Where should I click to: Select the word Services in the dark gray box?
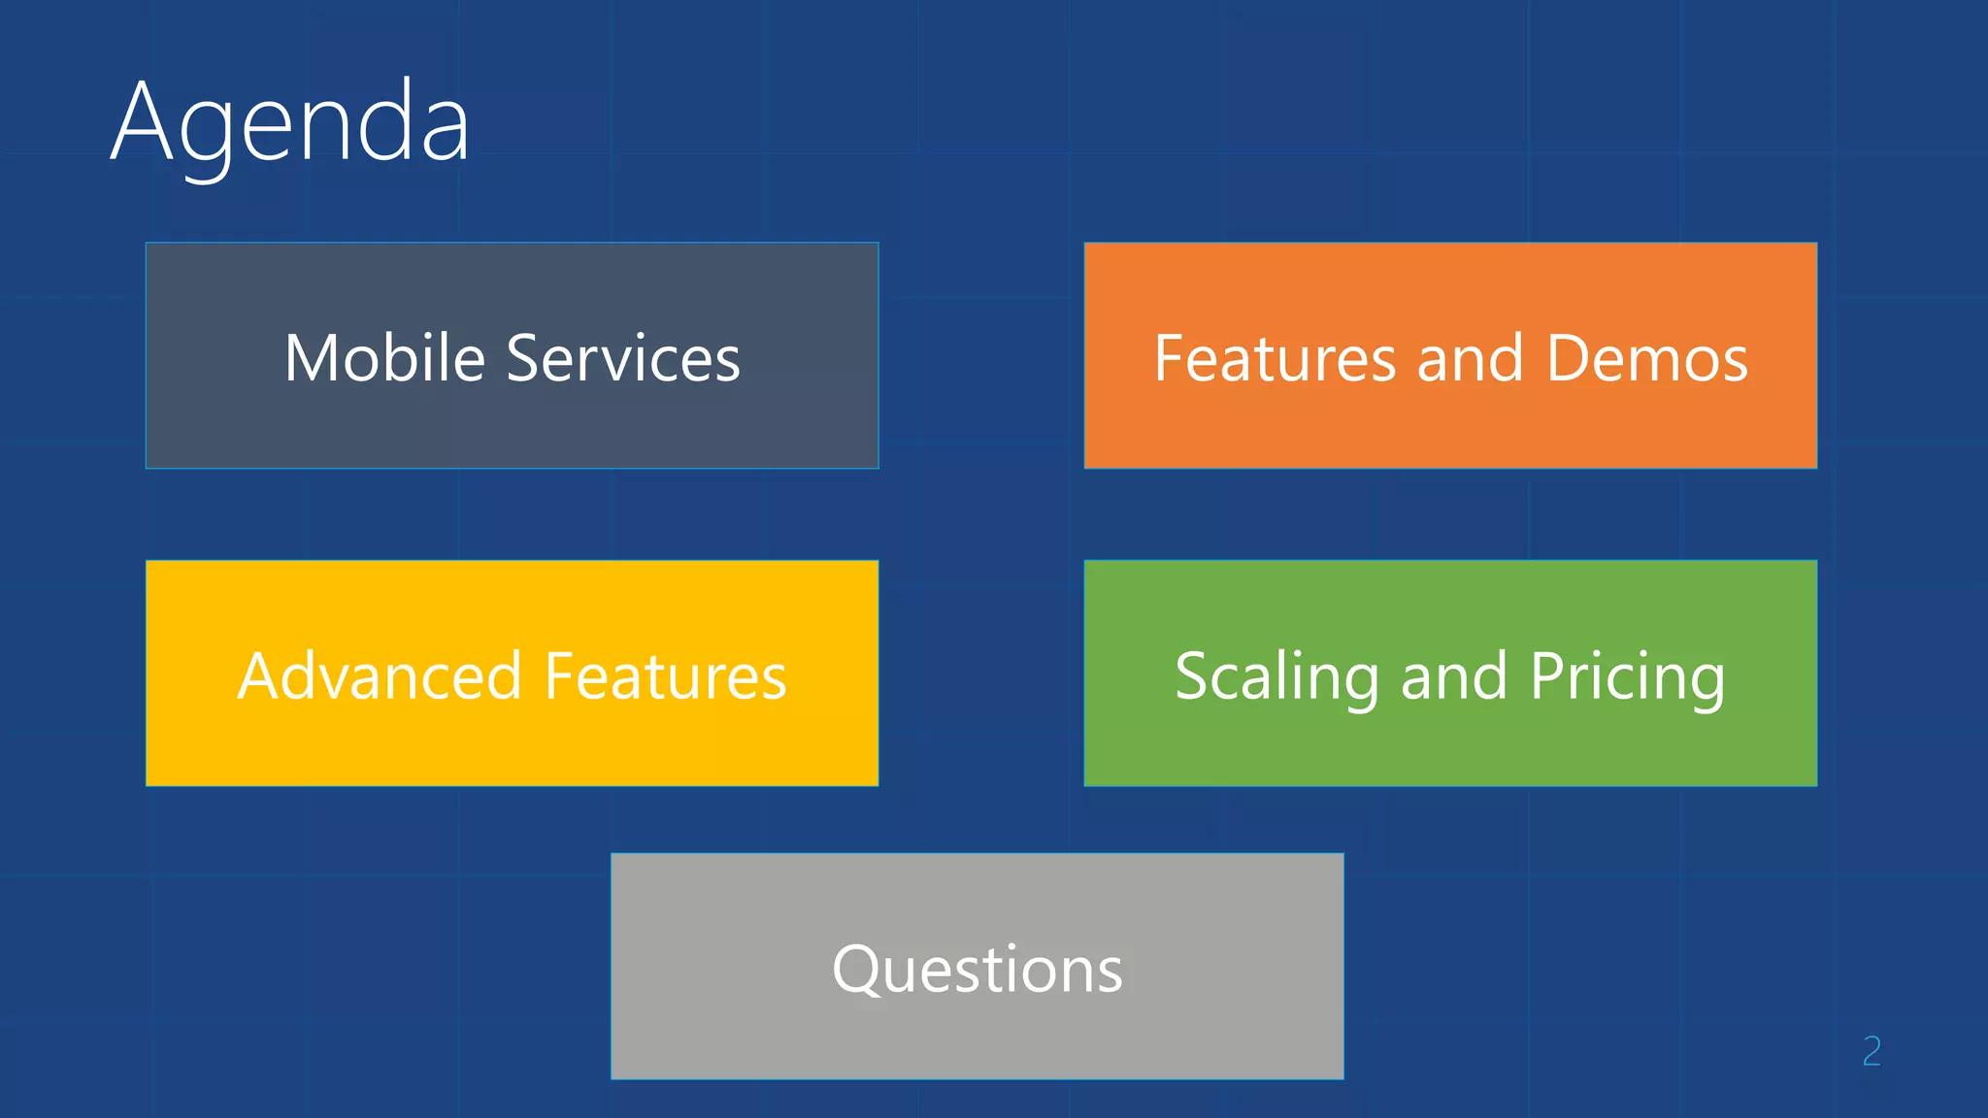click(x=623, y=358)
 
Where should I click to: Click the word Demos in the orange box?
click(x=1647, y=358)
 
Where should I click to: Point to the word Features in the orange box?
click(x=1275, y=358)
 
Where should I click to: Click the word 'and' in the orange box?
click(x=1470, y=358)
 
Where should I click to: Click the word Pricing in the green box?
click(x=1628, y=677)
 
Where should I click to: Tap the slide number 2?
click(x=1872, y=1051)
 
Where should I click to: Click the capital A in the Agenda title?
click(x=142, y=122)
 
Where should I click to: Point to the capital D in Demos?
click(x=1571, y=358)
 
